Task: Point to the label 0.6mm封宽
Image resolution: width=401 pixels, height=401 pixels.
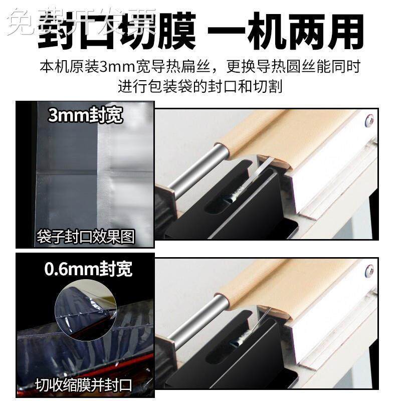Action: (88, 269)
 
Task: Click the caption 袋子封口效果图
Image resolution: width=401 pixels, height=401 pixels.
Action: (86, 237)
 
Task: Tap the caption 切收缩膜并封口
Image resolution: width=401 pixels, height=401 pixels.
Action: (83, 386)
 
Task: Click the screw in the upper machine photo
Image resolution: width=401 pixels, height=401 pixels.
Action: (370, 121)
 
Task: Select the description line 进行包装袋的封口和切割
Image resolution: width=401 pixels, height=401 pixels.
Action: (200, 86)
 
